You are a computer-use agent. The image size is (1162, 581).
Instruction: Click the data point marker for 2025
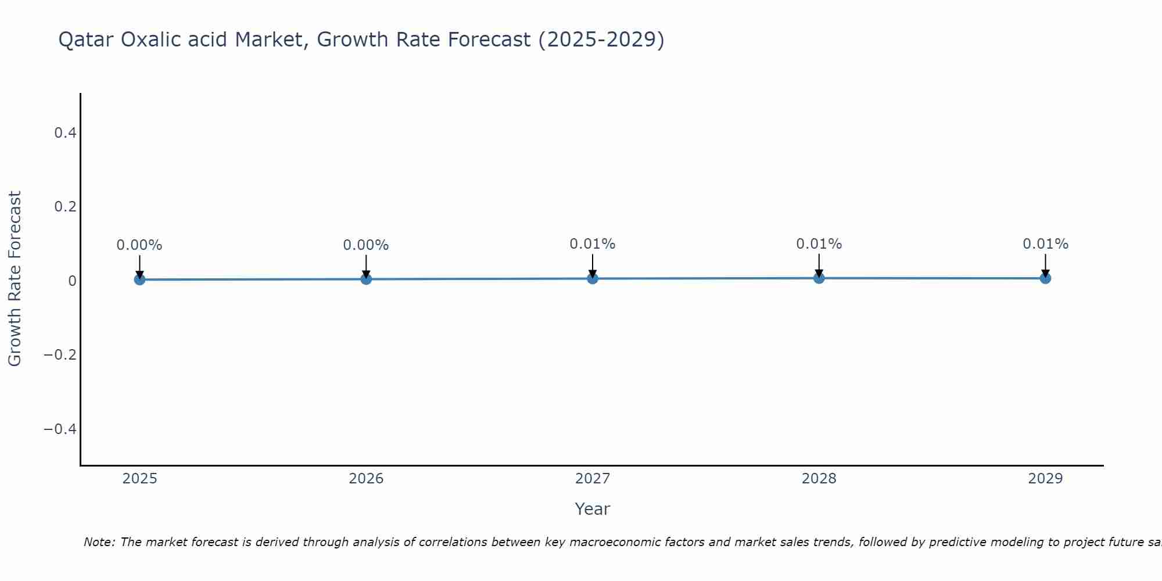coord(139,279)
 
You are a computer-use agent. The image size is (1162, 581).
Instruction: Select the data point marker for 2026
coord(366,279)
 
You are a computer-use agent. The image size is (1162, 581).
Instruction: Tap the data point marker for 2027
coord(593,278)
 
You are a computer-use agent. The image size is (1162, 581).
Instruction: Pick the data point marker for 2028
coord(819,278)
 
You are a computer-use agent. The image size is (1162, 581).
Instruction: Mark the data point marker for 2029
coord(1045,278)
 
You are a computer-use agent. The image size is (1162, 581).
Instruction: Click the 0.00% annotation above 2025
coord(139,245)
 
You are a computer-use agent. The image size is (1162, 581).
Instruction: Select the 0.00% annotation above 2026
coord(366,245)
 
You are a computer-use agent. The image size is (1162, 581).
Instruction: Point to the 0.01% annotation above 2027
coord(593,244)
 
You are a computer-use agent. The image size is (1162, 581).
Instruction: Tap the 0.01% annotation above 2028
coord(819,244)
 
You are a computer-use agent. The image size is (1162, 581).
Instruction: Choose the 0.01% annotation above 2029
coord(1045,244)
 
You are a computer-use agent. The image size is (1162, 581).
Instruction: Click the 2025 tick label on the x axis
coord(139,479)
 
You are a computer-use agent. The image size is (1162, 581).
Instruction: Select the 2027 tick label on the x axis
coord(593,479)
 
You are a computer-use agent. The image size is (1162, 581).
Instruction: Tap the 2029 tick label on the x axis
coord(1045,479)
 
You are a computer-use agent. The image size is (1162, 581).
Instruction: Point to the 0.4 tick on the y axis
coord(65,133)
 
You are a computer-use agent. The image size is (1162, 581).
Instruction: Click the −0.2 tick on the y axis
coord(60,354)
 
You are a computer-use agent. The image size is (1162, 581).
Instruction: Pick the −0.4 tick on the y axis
coord(60,429)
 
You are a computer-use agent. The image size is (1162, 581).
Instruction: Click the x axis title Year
coord(592,509)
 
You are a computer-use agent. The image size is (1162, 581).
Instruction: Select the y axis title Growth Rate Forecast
coord(15,279)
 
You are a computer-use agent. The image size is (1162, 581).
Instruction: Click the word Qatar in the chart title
coord(87,40)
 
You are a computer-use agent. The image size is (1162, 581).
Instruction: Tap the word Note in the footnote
coord(99,542)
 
